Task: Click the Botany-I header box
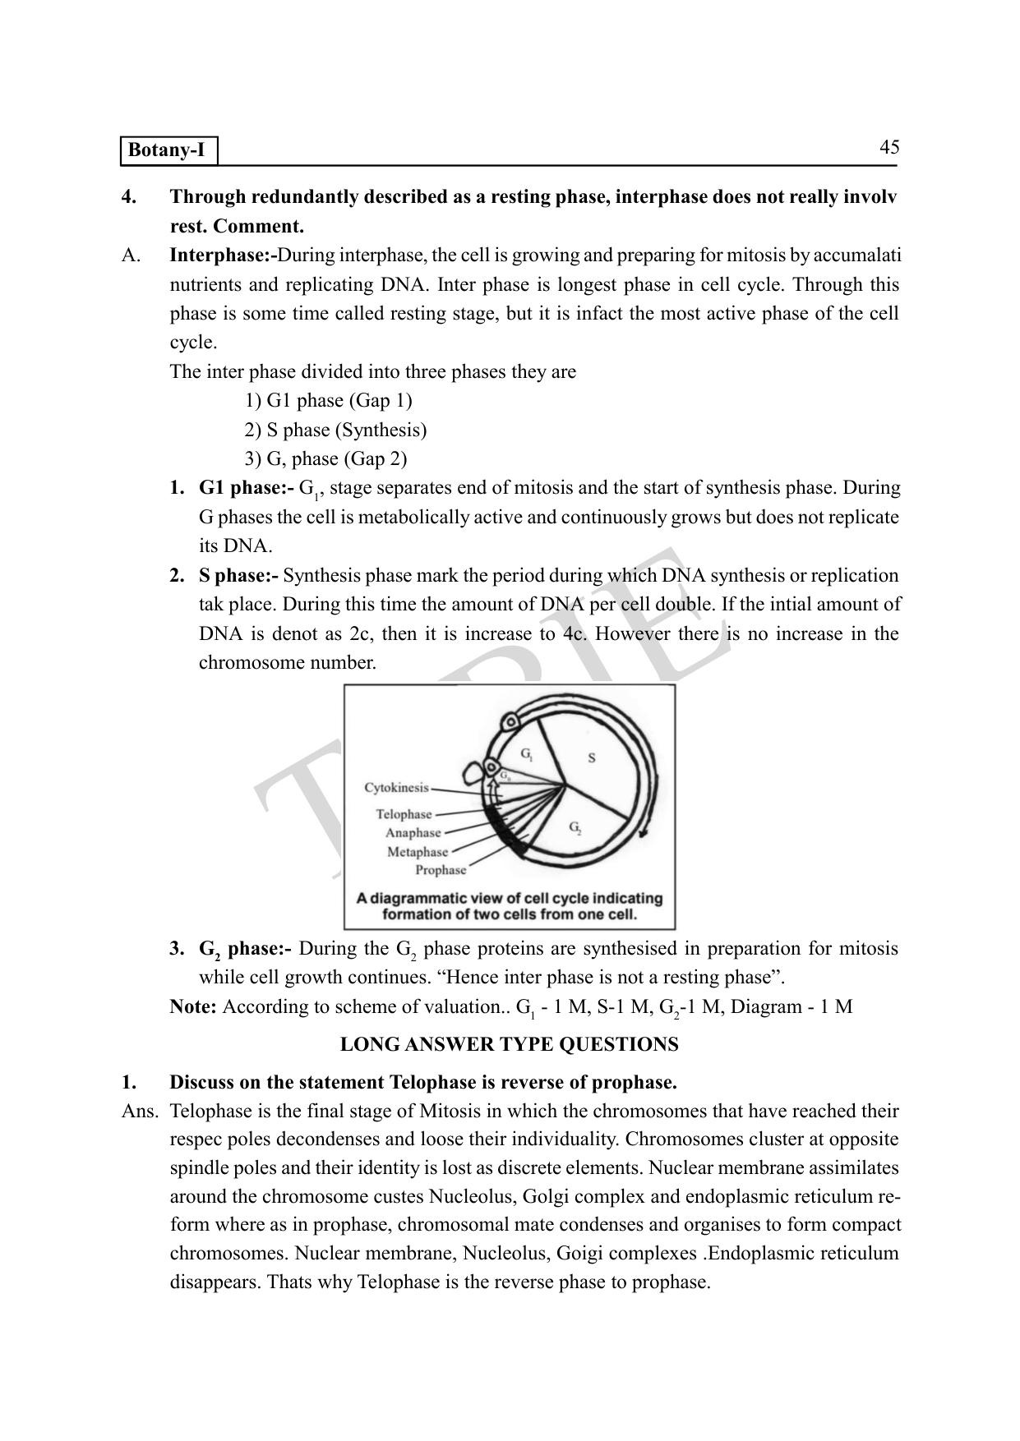click(169, 151)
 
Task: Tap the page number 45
click(889, 147)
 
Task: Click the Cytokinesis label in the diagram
click(396, 787)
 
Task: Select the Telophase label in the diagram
click(404, 814)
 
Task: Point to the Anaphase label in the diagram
click(413, 833)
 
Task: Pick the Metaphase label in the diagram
click(418, 852)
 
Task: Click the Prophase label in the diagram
click(441, 870)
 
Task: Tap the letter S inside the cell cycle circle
click(592, 757)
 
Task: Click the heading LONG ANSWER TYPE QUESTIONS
click(510, 1044)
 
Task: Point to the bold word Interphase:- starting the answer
click(223, 256)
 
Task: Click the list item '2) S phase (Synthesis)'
click(335, 430)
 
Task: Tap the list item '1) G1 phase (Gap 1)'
click(328, 401)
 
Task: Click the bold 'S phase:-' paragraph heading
click(238, 575)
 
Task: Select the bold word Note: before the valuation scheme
click(193, 1006)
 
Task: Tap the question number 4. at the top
click(128, 197)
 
